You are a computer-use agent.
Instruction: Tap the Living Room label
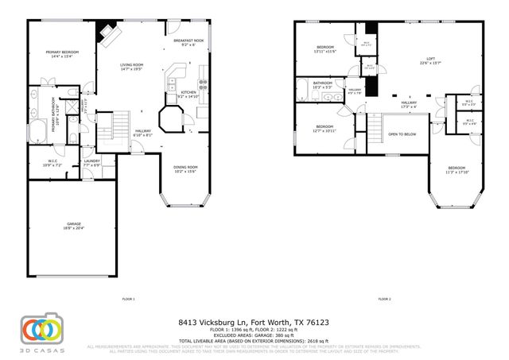(x=131, y=67)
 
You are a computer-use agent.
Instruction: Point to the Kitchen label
(x=188, y=95)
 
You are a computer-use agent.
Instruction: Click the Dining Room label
(x=185, y=168)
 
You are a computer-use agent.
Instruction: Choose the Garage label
(x=73, y=226)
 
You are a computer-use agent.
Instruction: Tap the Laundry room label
(x=91, y=163)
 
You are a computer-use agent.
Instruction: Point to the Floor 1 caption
(x=128, y=299)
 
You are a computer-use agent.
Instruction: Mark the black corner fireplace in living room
(x=106, y=33)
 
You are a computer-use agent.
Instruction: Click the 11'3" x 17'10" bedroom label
(x=457, y=169)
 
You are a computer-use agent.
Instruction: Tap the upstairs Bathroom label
(x=322, y=84)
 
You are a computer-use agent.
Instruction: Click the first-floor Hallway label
(x=143, y=134)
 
